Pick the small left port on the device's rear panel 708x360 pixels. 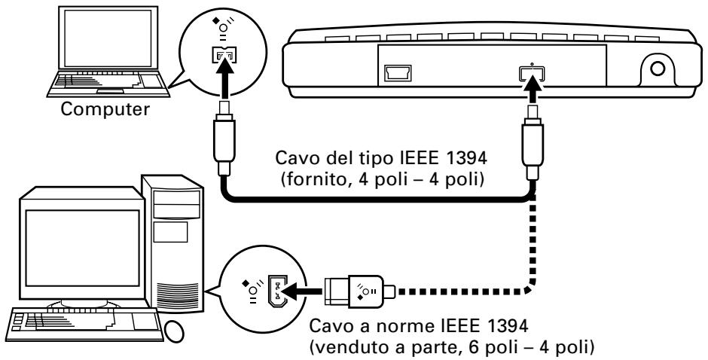tap(395, 73)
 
